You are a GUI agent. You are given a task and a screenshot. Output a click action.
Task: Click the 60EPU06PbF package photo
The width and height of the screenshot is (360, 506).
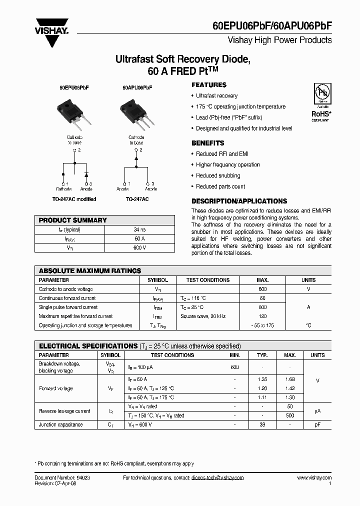click(73, 110)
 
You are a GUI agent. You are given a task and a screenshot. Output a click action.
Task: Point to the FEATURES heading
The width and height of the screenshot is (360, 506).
click(209, 85)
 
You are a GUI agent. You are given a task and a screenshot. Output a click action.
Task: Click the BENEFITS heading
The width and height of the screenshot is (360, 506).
click(208, 143)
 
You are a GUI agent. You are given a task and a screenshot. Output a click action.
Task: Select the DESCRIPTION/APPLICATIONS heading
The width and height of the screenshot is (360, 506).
click(239, 201)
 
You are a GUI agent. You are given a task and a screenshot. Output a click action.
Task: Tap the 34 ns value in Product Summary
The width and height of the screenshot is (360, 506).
click(140, 230)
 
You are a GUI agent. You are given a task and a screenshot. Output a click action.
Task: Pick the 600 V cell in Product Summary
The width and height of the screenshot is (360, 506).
click(140, 248)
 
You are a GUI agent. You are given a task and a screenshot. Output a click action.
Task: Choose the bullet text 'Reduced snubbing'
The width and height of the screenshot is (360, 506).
click(218, 176)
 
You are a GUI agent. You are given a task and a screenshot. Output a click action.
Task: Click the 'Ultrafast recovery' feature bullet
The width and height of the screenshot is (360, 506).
click(216, 96)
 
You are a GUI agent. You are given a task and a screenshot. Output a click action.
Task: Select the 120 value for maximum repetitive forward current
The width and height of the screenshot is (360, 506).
click(262, 316)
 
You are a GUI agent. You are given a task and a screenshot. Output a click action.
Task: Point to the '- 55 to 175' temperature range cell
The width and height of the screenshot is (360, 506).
click(262, 325)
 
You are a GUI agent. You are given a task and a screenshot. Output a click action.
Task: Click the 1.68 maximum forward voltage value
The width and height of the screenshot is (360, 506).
click(289, 379)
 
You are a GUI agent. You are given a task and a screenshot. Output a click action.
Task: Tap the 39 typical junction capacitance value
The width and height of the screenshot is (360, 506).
click(262, 424)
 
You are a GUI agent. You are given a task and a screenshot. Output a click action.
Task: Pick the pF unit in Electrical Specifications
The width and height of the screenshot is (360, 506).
click(317, 424)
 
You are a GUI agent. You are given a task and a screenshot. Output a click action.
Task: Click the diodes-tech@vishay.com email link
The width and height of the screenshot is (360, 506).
click(217, 478)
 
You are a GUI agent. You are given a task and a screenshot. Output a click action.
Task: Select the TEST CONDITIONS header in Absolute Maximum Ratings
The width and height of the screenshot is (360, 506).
click(207, 280)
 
